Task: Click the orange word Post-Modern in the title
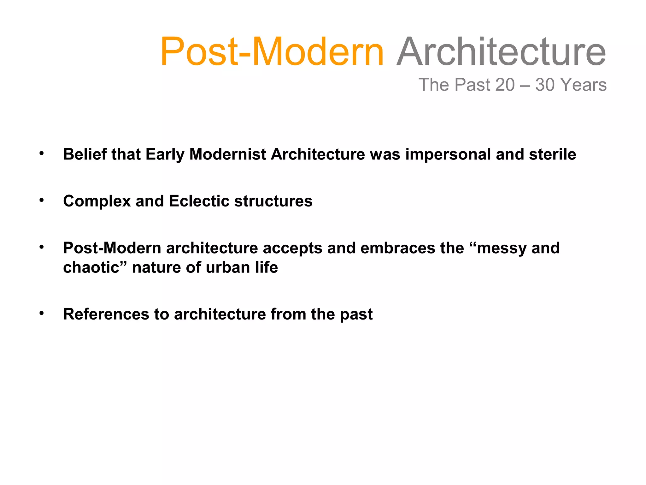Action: [x=272, y=52]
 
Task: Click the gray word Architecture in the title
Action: [x=501, y=52]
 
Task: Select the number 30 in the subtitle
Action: [x=545, y=85]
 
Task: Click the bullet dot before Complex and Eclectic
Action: [x=41, y=200]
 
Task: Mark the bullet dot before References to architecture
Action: [x=41, y=313]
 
